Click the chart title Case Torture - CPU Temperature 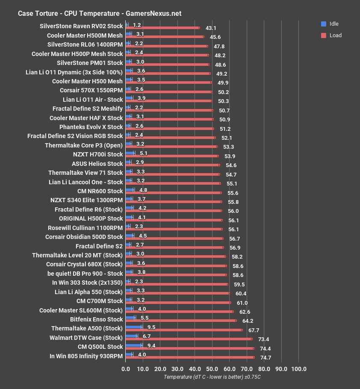coord(99,13)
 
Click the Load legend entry coord(331,35)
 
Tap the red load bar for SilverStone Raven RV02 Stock coord(162,28)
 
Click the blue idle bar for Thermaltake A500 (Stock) coord(133,327)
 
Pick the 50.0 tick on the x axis coord(212,369)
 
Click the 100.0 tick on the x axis coord(298,369)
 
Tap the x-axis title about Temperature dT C coord(212,377)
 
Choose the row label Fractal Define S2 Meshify coord(88,109)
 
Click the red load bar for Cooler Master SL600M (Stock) coord(180,312)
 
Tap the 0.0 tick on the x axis coord(126,369)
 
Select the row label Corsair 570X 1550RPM coord(91,90)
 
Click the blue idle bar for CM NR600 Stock coord(130,189)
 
